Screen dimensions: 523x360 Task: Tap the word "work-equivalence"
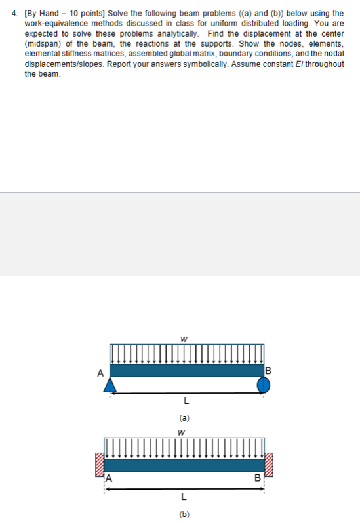tap(51, 22)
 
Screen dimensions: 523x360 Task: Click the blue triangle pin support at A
tap(110, 385)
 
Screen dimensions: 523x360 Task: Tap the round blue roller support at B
tap(262, 385)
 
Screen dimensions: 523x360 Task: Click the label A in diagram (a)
tap(100, 373)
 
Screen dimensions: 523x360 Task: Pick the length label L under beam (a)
tap(186, 400)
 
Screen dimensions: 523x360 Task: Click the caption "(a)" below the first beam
tap(185, 417)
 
